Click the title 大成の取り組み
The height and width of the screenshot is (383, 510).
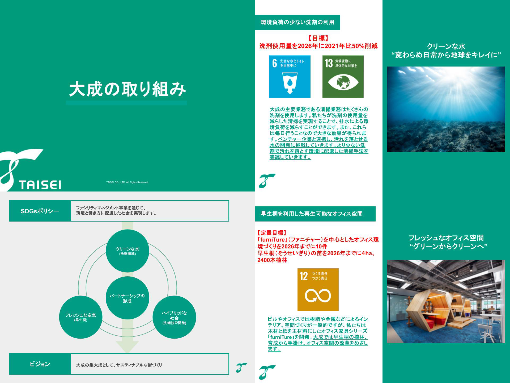click(127, 89)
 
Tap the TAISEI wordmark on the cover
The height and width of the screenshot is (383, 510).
click(40, 185)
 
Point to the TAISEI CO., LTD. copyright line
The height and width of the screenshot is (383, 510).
click(127, 182)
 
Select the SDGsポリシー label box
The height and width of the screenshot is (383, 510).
click(40, 211)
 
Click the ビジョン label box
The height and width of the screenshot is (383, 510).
click(40, 364)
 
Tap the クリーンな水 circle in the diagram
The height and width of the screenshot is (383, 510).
click(127, 251)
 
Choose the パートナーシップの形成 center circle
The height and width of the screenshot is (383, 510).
click(127, 298)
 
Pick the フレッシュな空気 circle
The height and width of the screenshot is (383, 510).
click(81, 317)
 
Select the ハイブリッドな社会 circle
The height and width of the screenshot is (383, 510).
click(174, 317)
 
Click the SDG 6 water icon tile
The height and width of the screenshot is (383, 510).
click(290, 77)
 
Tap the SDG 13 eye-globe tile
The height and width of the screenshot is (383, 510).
click(343, 77)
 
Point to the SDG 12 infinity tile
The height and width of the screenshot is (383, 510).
click(318, 289)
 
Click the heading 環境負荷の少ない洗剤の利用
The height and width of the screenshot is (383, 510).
click(297, 22)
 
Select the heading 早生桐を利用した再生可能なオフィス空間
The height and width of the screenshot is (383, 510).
click(312, 214)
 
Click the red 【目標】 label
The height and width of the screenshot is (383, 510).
click(318, 38)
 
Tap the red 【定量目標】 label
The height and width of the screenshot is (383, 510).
click(272, 233)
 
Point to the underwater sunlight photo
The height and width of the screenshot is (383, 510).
click(446, 109)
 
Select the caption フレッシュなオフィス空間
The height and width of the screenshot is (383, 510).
click(446, 238)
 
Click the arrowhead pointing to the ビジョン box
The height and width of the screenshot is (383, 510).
click(127, 347)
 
